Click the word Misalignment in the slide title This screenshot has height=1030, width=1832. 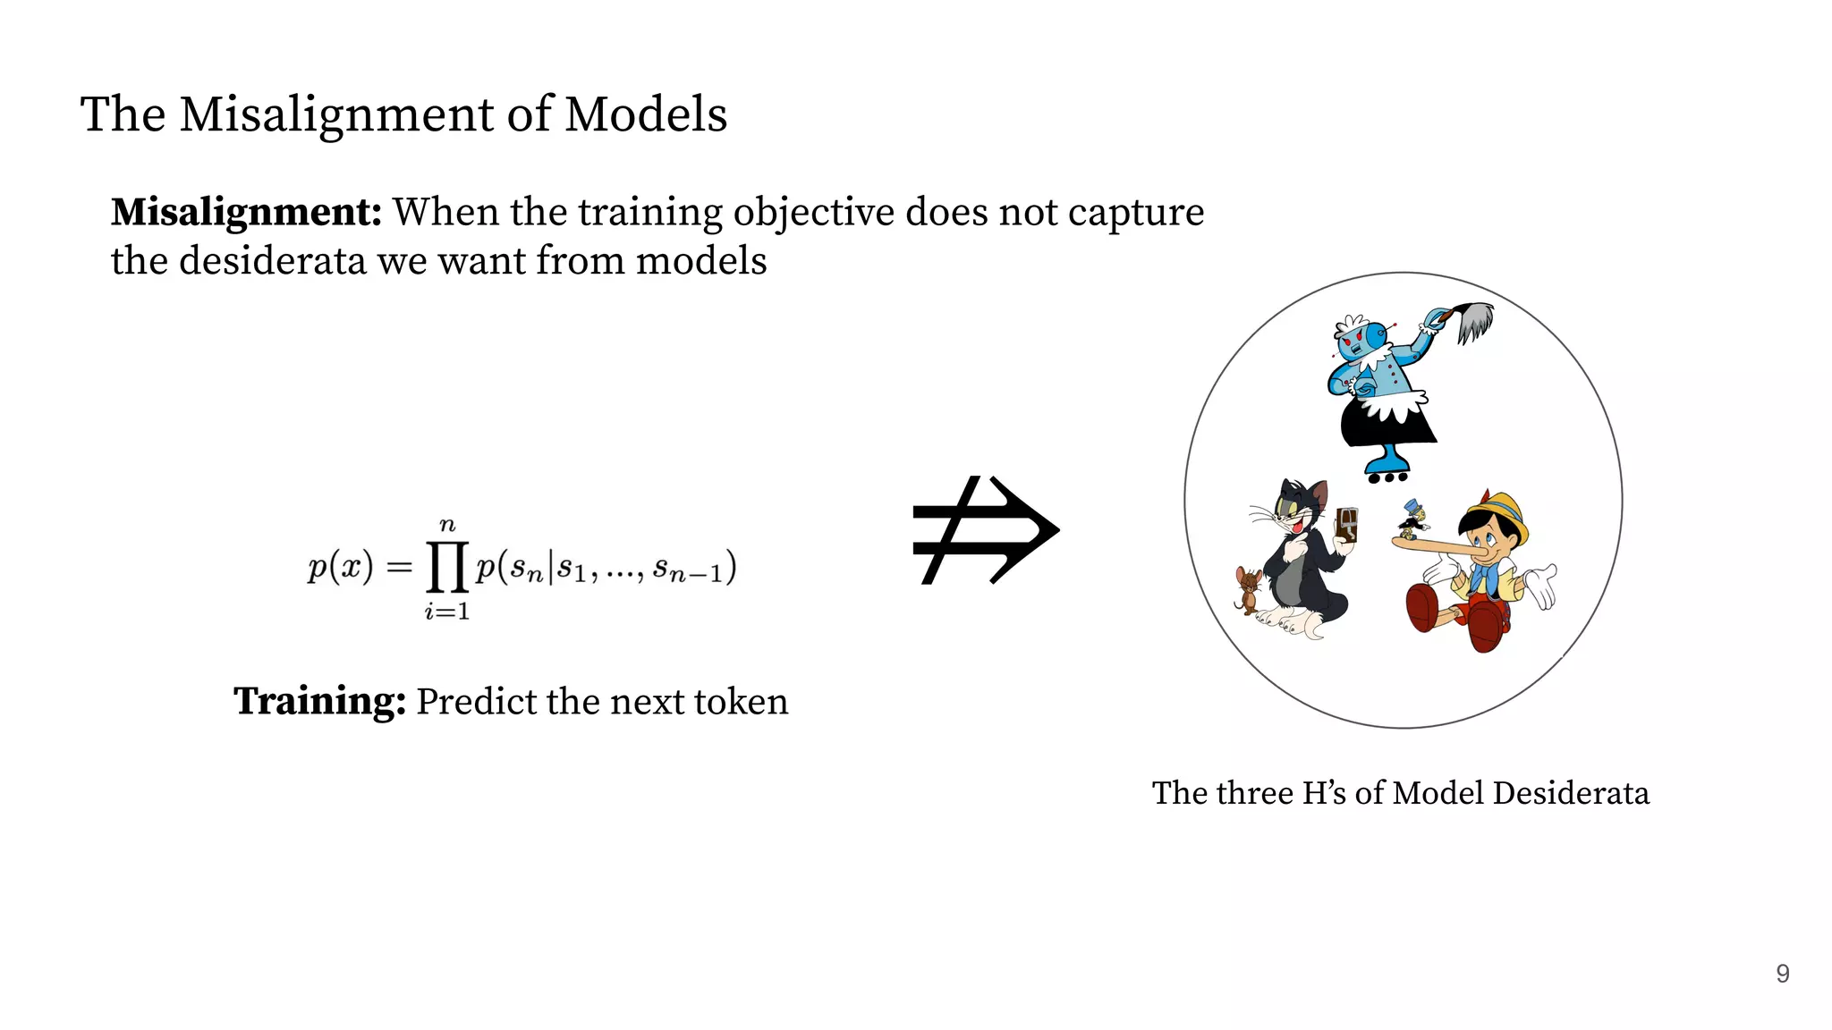(336, 115)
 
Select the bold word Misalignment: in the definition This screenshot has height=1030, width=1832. (246, 213)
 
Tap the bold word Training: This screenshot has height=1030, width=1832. (319, 701)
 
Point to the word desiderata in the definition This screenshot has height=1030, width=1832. (273, 261)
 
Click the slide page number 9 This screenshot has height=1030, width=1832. (1782, 974)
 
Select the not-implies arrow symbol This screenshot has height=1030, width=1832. (985, 530)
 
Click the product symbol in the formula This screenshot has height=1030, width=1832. (447, 568)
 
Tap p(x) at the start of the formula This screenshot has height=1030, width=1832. (340, 568)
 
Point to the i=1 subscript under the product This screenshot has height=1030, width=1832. (447, 612)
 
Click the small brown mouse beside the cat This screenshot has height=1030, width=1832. (1248, 588)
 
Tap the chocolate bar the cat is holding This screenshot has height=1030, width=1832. (1346, 525)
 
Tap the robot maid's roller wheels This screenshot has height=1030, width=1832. (1387, 477)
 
